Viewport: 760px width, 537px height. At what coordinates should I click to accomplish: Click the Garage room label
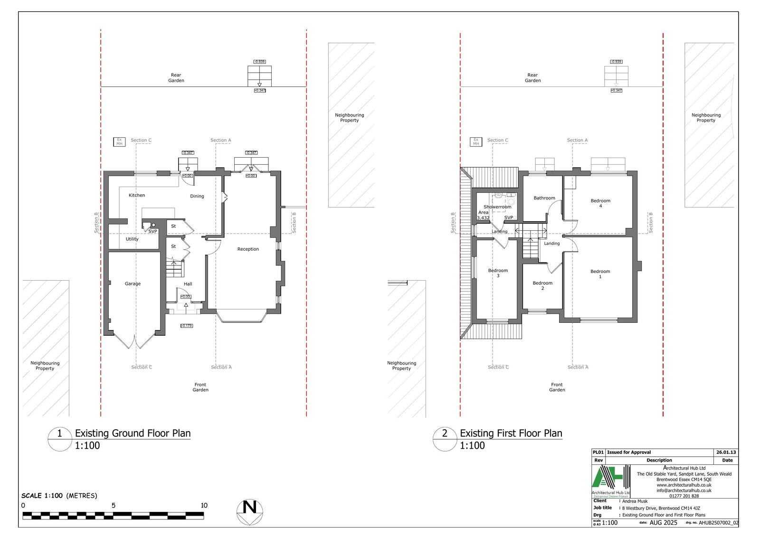pos(133,284)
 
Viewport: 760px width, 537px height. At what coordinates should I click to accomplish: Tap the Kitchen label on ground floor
pos(137,195)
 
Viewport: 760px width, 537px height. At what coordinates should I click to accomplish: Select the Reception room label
pos(248,249)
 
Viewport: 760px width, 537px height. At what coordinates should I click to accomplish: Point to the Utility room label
pos(132,239)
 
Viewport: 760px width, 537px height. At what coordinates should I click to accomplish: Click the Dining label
pos(197,196)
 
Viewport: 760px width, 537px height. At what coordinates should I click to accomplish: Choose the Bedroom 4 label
pos(600,203)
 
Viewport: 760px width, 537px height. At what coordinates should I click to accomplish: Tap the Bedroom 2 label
pos(542,285)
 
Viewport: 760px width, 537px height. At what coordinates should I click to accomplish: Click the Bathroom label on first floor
pos(544,198)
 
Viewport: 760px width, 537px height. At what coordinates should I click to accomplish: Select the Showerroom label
pos(497,207)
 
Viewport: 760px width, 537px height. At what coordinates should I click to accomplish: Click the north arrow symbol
pos(250,512)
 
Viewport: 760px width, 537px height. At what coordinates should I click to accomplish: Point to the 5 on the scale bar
pos(114,506)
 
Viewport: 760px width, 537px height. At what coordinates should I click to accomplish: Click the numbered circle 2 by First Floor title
pos(445,433)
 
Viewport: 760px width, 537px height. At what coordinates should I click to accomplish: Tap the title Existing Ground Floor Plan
pos(133,433)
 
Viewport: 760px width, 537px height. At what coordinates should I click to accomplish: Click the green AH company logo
pos(612,481)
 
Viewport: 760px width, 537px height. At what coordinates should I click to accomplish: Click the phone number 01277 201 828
pos(684,496)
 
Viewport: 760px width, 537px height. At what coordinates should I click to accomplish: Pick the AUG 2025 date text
pos(664,523)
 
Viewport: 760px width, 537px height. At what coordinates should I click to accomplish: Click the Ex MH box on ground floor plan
pos(119,141)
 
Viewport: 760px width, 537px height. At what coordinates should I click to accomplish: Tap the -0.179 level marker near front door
pos(186,326)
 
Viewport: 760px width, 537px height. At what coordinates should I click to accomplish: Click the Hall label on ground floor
pos(188,284)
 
